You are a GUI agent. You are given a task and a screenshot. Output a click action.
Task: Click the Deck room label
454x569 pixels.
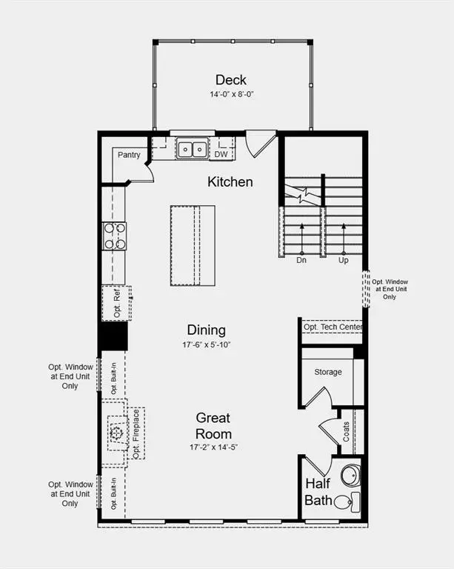(230, 80)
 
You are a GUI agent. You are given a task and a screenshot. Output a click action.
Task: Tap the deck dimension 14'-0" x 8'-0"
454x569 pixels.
(231, 94)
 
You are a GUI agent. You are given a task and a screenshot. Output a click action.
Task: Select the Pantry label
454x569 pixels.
(129, 155)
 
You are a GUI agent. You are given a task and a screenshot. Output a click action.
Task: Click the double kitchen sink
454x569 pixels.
(192, 149)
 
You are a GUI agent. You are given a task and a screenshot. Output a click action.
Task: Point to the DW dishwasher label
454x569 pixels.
(221, 154)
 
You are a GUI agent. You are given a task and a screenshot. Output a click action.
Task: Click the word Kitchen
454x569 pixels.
(230, 182)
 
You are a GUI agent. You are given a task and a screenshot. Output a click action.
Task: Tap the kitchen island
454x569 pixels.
(193, 246)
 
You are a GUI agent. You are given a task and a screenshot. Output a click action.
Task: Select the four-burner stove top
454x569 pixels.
(115, 236)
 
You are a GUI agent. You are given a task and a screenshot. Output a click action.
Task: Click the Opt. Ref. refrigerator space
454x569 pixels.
(116, 303)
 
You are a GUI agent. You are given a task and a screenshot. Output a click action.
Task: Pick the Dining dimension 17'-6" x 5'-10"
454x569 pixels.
(207, 345)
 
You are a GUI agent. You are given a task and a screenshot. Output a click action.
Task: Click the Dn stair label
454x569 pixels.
(301, 260)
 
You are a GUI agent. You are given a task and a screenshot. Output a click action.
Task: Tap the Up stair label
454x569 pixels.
(344, 260)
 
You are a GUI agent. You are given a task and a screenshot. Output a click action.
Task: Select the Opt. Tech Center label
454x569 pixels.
(333, 327)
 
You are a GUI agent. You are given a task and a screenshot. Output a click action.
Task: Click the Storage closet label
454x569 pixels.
(328, 372)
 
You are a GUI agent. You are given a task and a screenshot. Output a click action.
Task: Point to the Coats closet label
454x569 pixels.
(347, 431)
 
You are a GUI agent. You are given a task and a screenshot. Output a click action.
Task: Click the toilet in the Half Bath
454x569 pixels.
(347, 502)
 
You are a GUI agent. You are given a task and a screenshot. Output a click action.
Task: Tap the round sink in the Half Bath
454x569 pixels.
(350, 475)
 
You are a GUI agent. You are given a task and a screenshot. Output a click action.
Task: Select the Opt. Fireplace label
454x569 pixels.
(136, 433)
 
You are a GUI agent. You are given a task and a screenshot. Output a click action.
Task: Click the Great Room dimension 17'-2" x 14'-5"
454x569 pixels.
(213, 447)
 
